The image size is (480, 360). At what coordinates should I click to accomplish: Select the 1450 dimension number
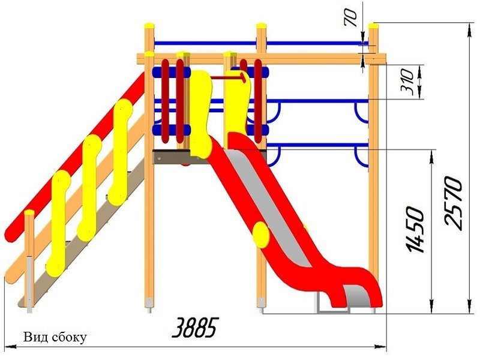(x=415, y=230)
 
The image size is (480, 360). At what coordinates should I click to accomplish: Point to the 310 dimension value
(x=407, y=81)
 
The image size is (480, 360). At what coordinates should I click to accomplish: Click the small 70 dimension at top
(x=351, y=19)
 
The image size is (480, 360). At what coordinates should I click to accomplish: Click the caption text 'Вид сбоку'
(x=55, y=337)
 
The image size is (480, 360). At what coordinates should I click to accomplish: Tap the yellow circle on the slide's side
(x=261, y=235)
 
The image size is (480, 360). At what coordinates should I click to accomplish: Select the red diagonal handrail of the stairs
(x=75, y=156)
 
